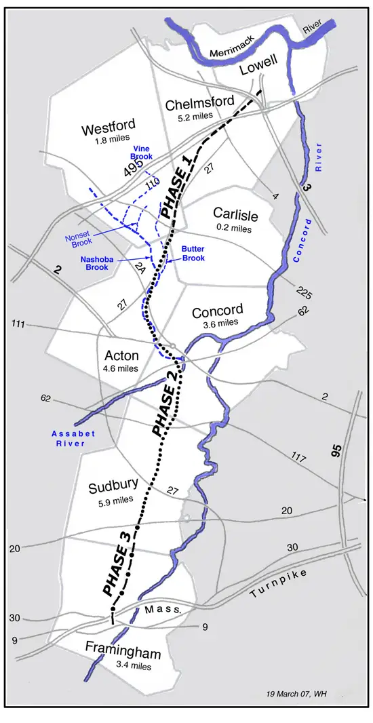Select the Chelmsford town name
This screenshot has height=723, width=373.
[x=200, y=102]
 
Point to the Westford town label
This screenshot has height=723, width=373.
[x=108, y=127]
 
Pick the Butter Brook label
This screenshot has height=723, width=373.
[x=193, y=252]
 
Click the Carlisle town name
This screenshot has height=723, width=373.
[x=235, y=216]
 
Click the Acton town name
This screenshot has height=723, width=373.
[x=121, y=355]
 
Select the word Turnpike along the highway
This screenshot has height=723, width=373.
[x=279, y=583]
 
